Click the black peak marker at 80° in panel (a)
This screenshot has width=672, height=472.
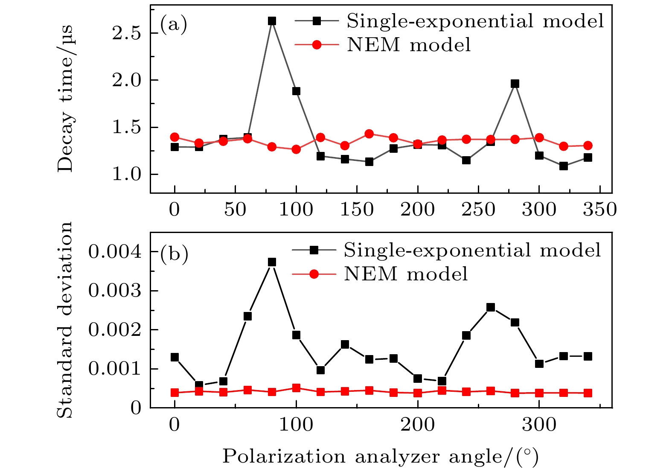pos(272,21)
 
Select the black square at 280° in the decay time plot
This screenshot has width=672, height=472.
pos(515,84)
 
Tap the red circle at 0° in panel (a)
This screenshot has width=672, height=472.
pos(175,137)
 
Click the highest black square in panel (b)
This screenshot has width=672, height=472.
pos(272,262)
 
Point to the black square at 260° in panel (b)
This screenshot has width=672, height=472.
pos(491,307)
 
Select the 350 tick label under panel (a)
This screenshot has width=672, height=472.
pos(599,210)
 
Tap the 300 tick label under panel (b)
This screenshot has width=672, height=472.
pos(539,425)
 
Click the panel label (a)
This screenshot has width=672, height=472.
pos(173,25)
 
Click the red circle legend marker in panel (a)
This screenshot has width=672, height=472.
pos(317,44)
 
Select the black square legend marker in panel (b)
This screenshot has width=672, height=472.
pos(314,251)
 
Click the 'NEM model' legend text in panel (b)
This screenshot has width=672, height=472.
pos(406,274)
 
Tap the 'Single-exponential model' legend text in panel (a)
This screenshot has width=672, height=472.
pos(475,21)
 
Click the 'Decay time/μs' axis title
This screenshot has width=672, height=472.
pos(66,99)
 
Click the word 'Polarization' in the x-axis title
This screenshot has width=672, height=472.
pos(284,457)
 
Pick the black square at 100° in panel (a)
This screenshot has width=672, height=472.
pos(296,91)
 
